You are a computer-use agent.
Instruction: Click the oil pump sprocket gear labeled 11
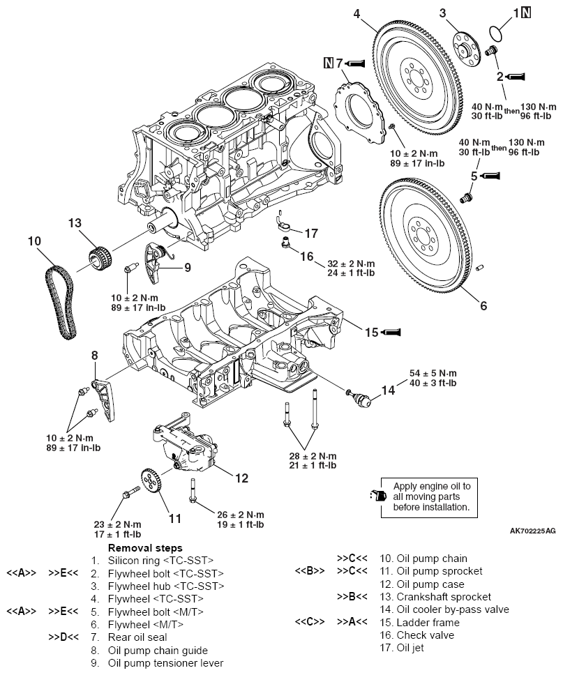[x=149, y=483]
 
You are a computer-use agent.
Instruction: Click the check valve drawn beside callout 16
[x=285, y=244]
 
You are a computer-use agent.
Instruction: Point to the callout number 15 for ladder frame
[x=372, y=333]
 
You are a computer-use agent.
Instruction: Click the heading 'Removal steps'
[x=144, y=548]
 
